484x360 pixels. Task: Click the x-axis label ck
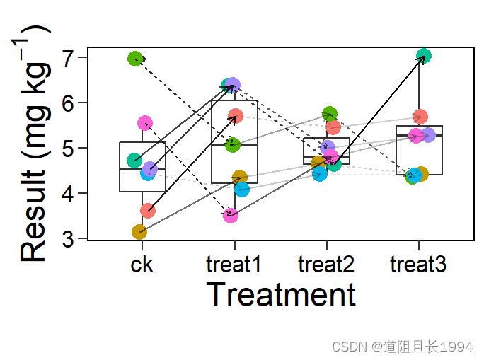[142, 266]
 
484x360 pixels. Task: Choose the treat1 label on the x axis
[234, 266]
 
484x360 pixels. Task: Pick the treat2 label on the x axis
[326, 266]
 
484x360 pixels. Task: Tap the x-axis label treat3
[418, 266]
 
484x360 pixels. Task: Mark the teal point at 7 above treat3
[424, 56]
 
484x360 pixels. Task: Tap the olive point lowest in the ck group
[139, 231]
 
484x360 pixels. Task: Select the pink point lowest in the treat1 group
[231, 215]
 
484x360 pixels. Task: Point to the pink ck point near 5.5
[145, 123]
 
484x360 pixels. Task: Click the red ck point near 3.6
[147, 210]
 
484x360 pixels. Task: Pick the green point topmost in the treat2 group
[330, 114]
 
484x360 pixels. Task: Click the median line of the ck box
[142, 169]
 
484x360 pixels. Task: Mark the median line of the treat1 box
[234, 145]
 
